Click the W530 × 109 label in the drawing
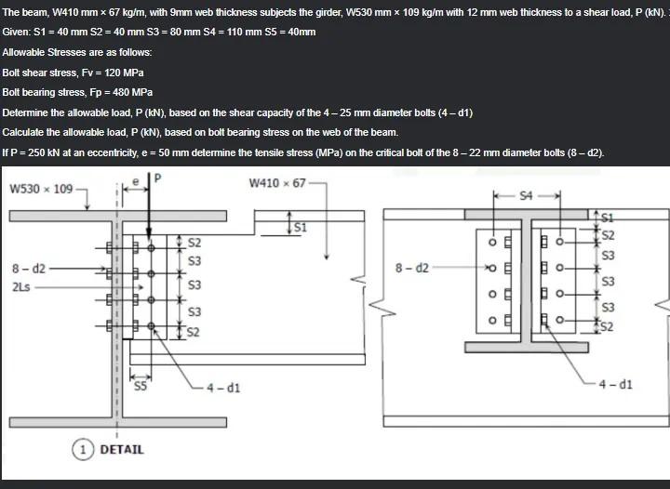point(40,190)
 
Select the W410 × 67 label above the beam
point(277,182)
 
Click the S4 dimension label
point(528,195)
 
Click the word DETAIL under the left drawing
point(122,450)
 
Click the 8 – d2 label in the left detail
point(28,269)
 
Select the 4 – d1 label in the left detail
point(223,387)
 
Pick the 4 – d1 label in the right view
point(616,383)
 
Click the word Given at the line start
point(18,32)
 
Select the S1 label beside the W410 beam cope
point(301,226)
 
